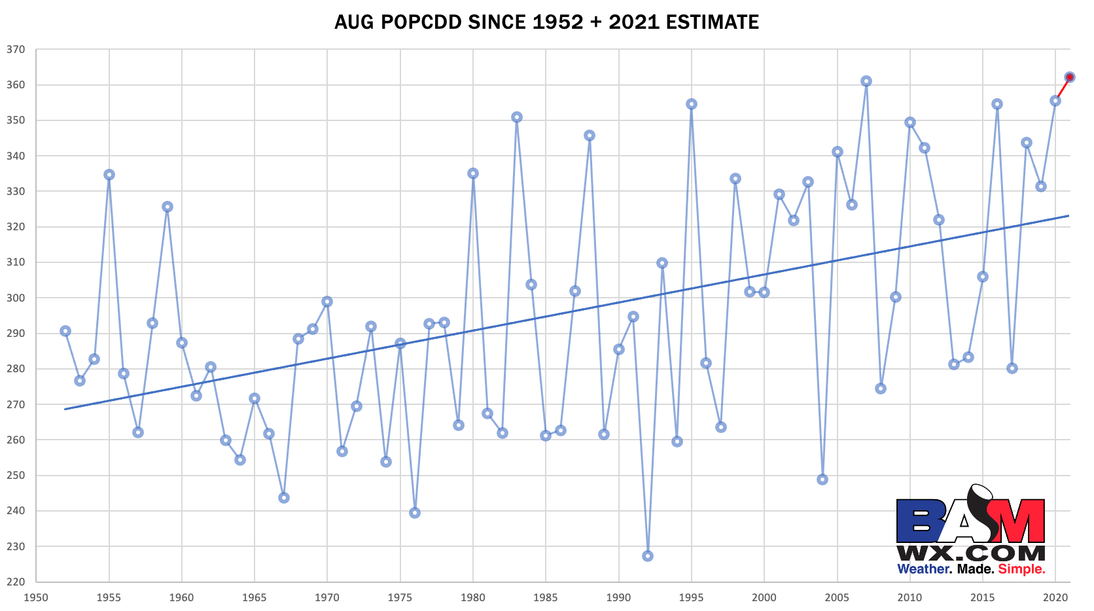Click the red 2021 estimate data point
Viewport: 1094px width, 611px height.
[x=1070, y=77]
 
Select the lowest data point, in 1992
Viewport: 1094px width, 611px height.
[x=648, y=556]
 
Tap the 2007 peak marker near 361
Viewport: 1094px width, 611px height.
[x=866, y=81]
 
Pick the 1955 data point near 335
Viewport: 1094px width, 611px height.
[x=109, y=175]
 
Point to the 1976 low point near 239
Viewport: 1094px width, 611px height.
[x=415, y=513]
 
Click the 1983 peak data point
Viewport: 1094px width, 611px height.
[x=517, y=117]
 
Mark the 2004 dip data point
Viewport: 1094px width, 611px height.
[x=822, y=480]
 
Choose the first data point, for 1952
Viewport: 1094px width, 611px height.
[x=65, y=331]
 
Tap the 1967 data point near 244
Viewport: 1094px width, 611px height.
[x=284, y=498]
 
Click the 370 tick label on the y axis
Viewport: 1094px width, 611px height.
[x=16, y=50]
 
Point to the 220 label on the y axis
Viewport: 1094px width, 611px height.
[x=16, y=582]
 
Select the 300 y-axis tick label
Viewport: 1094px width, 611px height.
[x=16, y=298]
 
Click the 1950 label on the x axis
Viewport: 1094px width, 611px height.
[x=36, y=597]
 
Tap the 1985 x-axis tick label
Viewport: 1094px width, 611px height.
[x=546, y=597]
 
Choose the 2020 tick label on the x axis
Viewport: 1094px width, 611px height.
[x=1055, y=597]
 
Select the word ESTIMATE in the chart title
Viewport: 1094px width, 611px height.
[x=713, y=22]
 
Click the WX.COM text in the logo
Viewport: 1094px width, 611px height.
[x=970, y=553]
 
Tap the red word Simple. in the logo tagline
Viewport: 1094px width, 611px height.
[x=1021, y=569]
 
